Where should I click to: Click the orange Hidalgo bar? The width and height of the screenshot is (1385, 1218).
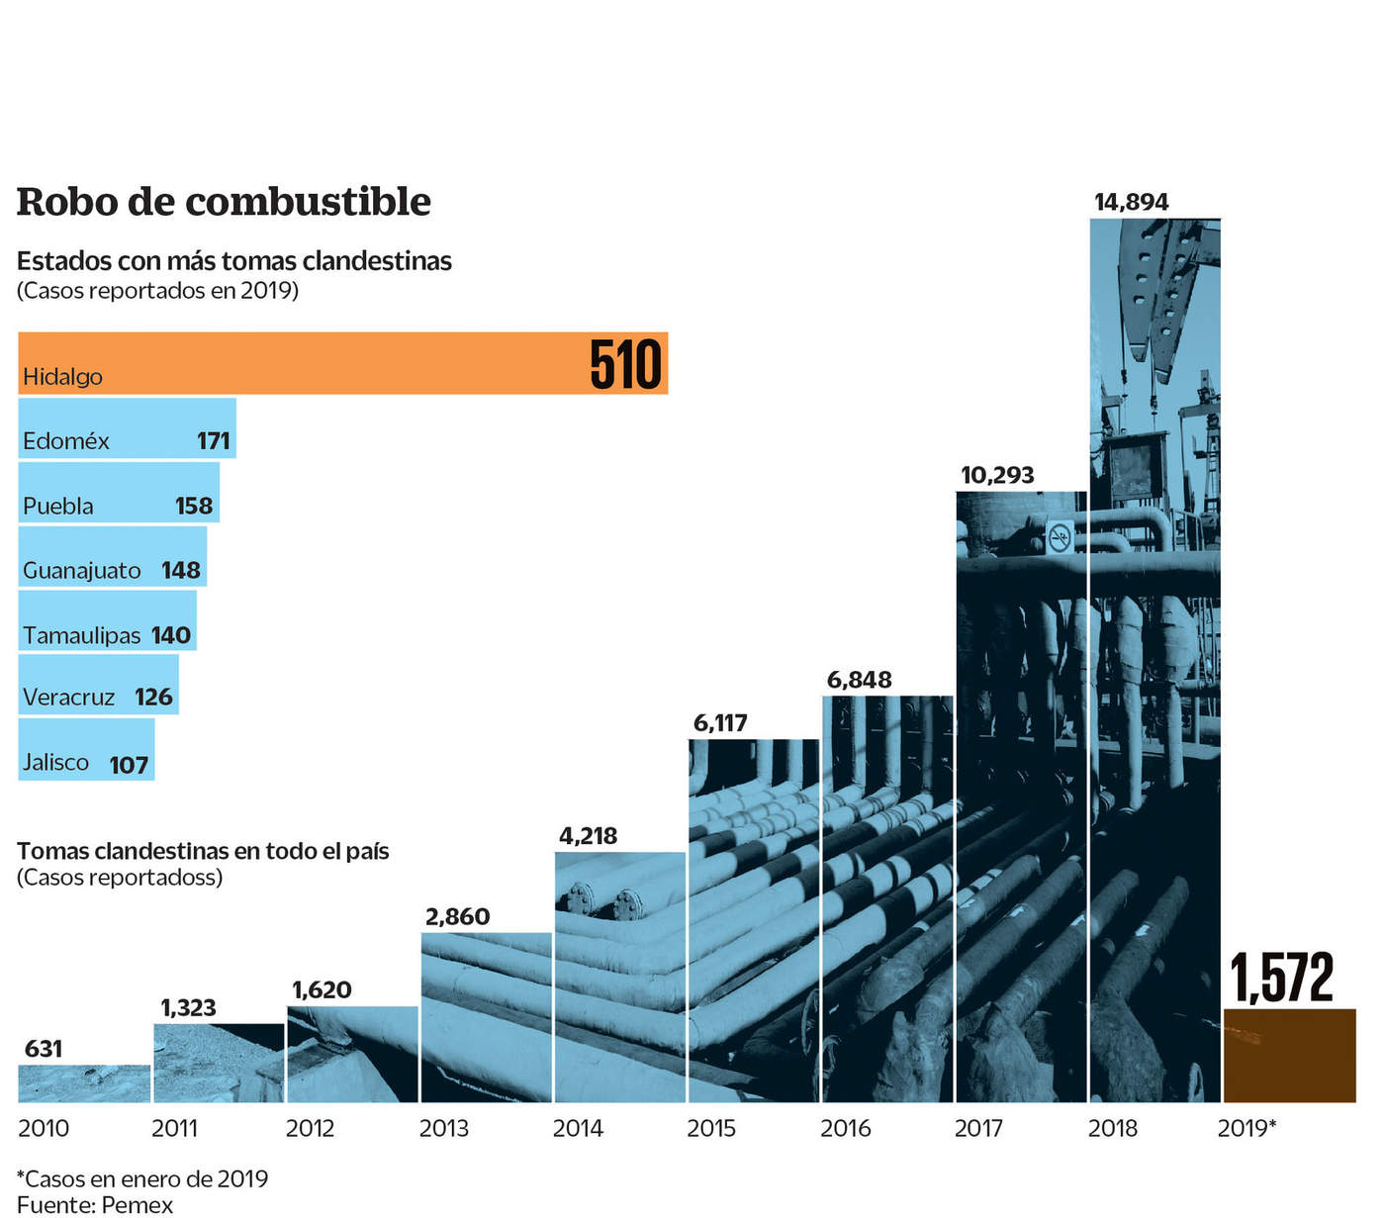pos(297,363)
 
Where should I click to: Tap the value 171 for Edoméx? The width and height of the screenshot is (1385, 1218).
pos(214,440)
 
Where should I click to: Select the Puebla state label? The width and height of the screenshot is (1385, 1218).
pos(58,506)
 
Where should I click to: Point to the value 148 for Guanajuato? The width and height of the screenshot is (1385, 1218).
pos(181,570)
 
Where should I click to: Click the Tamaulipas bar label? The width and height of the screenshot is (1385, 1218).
pos(82,634)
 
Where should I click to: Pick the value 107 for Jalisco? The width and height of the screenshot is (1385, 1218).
pos(129,765)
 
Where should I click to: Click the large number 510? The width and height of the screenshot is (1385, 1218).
pos(625,365)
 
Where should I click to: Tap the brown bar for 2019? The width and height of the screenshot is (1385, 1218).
pos(1289,1055)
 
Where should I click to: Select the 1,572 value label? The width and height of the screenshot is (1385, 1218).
pos(1282,978)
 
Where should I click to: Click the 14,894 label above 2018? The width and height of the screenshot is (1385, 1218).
pos(1131,202)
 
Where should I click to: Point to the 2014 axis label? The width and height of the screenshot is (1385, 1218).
pos(578,1128)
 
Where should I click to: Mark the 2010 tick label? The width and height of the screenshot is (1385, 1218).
pos(44,1128)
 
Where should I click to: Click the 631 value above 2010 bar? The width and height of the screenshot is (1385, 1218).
pos(44,1048)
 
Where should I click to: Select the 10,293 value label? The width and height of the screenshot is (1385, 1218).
pos(997,475)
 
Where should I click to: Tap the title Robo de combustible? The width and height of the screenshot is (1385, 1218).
pos(224,202)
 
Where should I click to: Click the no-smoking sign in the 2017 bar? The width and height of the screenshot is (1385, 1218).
pos(1060,538)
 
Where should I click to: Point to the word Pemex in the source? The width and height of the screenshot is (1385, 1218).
pos(138,1205)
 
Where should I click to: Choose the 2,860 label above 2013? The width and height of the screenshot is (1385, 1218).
pos(457,916)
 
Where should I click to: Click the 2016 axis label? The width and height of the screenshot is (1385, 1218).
pos(846,1128)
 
